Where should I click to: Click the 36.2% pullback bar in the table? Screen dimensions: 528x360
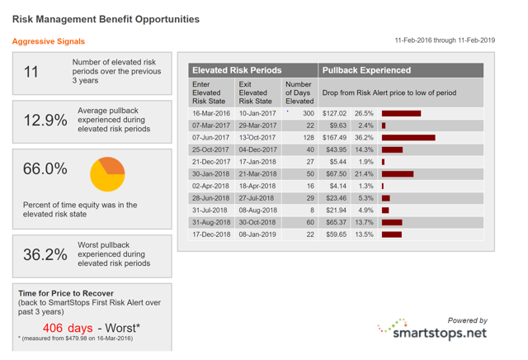coord(408,138)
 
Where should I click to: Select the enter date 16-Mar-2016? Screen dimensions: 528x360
coord(211,113)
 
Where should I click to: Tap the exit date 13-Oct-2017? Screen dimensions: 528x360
coord(257,138)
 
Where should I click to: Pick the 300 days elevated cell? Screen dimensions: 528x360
coord(309,113)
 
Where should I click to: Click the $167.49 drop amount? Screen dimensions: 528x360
coord(334,138)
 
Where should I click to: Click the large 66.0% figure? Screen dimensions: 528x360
coord(45,168)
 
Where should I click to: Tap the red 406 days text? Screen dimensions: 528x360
coord(68,328)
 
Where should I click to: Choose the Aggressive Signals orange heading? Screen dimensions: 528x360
coord(49,41)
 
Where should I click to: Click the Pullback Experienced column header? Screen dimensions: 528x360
coord(366,70)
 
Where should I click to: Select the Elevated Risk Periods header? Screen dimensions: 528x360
coord(237,70)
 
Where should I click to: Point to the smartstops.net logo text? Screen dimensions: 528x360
coord(440,333)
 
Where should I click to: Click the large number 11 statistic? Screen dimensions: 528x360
coord(31,72)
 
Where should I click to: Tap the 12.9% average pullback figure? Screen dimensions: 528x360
coord(45,121)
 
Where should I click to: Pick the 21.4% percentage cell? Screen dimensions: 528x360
coord(364,174)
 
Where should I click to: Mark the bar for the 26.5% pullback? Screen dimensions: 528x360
coord(402,113)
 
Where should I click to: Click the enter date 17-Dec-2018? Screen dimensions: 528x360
coord(211,234)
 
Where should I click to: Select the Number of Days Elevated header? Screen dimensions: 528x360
coord(299,92)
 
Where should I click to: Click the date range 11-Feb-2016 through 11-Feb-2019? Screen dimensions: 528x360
coord(445,40)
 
